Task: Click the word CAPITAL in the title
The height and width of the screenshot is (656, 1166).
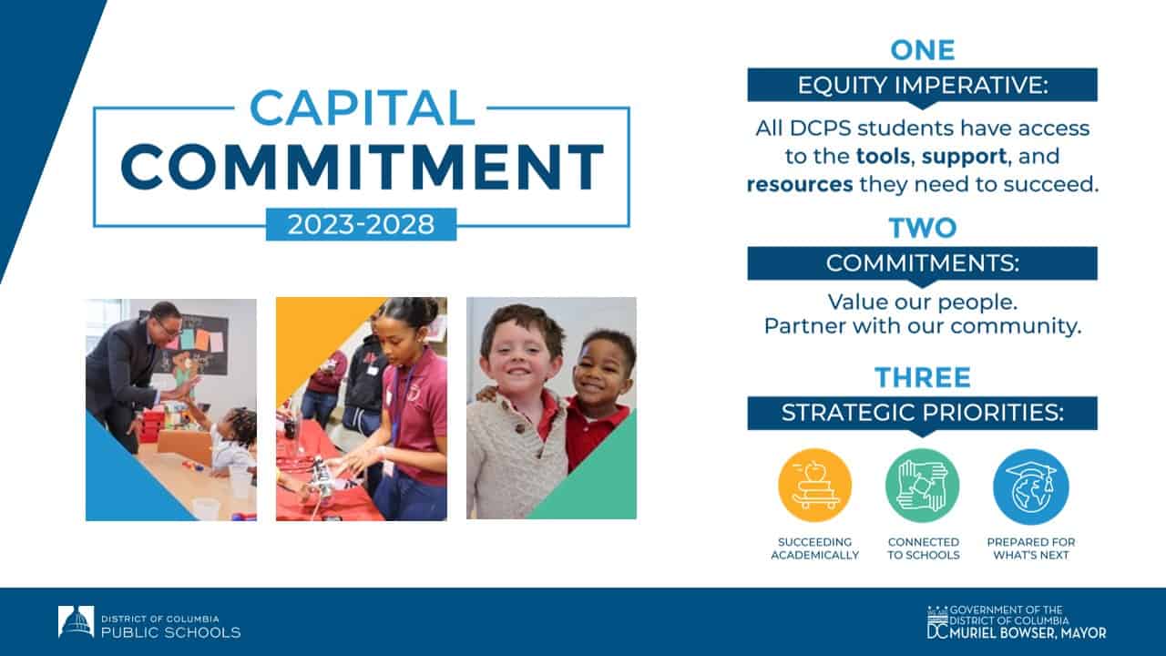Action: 362,107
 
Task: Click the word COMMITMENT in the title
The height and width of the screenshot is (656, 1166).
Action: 362,166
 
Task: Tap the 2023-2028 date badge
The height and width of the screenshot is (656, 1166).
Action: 361,224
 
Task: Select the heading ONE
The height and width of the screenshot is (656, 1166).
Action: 922,49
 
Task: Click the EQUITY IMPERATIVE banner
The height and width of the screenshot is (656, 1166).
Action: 922,85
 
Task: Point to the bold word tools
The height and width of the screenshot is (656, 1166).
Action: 885,156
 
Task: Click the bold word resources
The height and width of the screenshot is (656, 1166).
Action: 800,184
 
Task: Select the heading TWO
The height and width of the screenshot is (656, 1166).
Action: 922,228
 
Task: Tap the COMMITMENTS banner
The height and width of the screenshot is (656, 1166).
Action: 922,263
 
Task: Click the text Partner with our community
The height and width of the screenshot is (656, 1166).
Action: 922,325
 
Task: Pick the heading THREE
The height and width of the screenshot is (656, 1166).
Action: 922,377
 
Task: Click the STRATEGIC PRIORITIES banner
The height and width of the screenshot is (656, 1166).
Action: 922,413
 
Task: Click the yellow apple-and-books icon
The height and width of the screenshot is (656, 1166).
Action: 814,486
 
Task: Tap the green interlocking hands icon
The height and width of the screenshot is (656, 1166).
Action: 922,486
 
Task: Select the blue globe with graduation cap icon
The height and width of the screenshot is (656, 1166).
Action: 1030,486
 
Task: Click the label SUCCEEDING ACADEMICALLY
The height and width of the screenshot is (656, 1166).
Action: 814,548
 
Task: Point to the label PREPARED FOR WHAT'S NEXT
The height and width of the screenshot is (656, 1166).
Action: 1030,548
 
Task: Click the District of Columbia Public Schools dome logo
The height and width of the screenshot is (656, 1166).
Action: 76,621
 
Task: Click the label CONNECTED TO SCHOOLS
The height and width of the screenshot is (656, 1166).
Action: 923,548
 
